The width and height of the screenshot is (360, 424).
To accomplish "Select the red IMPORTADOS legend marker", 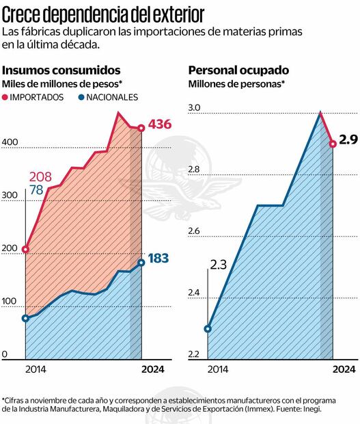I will pyautogui.click(x=6, y=97).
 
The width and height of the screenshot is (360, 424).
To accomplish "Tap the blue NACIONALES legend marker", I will pyautogui.click(x=81, y=97).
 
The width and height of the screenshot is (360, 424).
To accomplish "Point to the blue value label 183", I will pyautogui.click(x=158, y=259).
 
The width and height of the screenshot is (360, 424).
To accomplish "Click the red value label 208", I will pyautogui.click(x=40, y=177).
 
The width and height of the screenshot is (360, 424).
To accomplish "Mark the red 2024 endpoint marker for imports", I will pyautogui.click(x=141, y=128).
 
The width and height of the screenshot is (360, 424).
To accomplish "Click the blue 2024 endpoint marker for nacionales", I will pyautogui.click(x=141, y=262).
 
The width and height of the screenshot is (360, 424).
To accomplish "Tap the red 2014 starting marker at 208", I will pyautogui.click(x=26, y=250).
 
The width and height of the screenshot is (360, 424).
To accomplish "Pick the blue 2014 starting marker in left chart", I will pyautogui.click(x=26, y=318).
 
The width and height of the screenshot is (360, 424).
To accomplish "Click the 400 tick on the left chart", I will pyautogui.click(x=9, y=142).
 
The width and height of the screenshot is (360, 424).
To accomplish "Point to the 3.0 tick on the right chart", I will pyautogui.click(x=195, y=108).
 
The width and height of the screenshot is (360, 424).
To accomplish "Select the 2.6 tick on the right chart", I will pyautogui.click(x=195, y=231).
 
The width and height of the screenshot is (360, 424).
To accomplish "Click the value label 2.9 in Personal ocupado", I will pyautogui.click(x=348, y=140).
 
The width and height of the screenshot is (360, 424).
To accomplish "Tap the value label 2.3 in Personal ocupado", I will pyautogui.click(x=219, y=264).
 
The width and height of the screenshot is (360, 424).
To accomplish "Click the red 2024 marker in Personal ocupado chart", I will pyautogui.click(x=333, y=144).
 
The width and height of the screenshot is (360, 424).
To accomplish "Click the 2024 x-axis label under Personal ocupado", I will pyautogui.click(x=344, y=369).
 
